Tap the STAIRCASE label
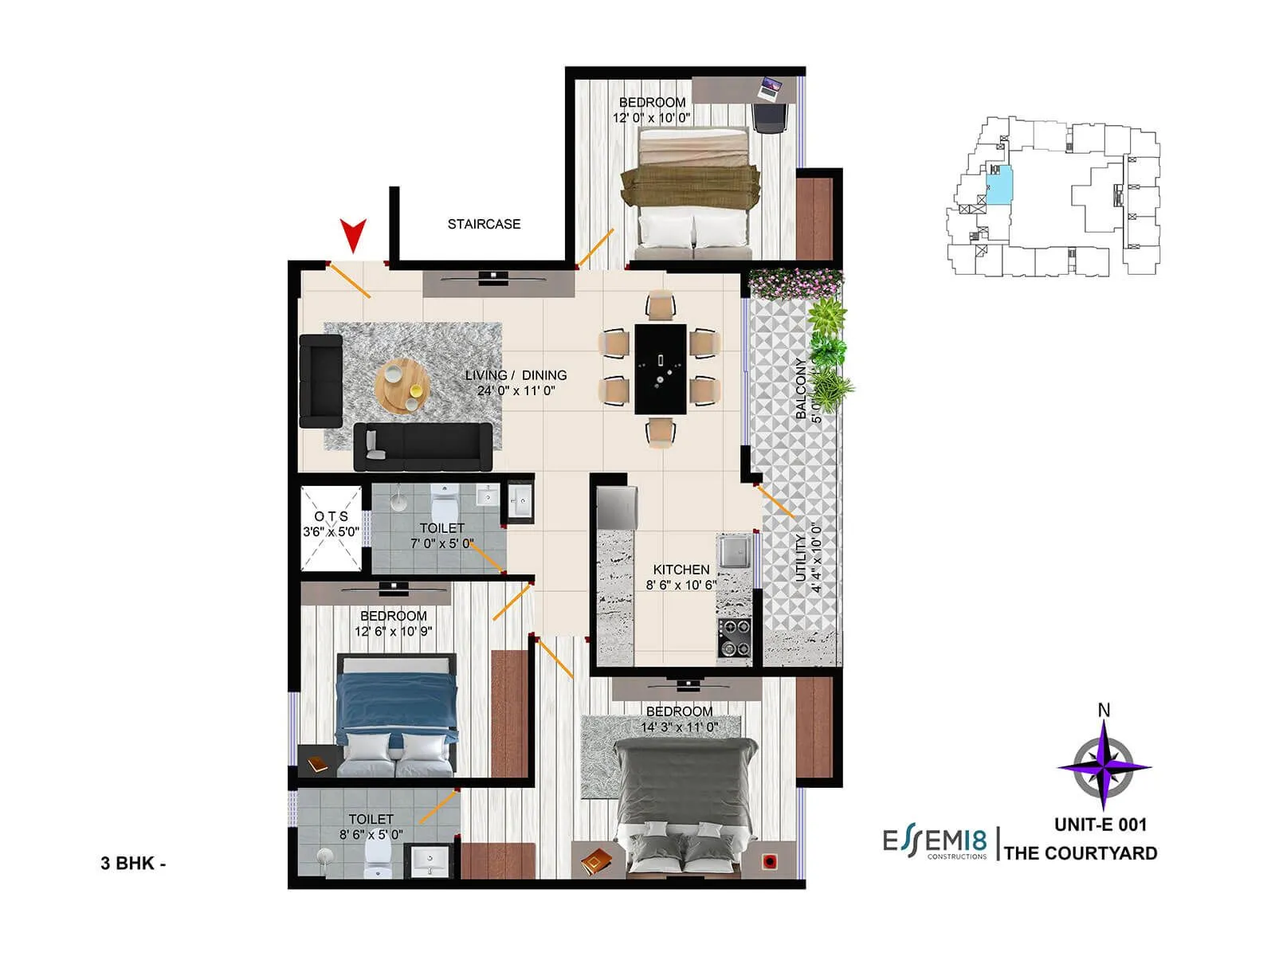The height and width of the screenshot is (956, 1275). [x=484, y=225]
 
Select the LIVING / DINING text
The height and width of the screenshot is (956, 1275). [x=516, y=375]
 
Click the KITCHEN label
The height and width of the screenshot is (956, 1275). [x=681, y=570]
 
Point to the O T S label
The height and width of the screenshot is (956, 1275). [x=331, y=516]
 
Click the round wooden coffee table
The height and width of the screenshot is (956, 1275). [x=402, y=386]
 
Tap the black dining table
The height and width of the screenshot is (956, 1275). [x=661, y=368]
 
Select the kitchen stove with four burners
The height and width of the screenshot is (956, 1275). [x=735, y=637]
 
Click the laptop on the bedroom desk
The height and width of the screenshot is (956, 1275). [x=771, y=88]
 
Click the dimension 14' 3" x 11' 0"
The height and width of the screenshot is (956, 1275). [x=680, y=727]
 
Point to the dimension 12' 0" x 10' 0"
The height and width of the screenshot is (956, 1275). [x=652, y=118]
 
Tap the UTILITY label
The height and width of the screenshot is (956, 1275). [x=801, y=558]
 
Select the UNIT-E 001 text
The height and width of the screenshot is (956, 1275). [x=1100, y=825]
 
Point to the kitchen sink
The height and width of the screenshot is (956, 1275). [x=733, y=550]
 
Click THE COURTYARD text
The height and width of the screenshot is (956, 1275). [x=1081, y=853]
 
